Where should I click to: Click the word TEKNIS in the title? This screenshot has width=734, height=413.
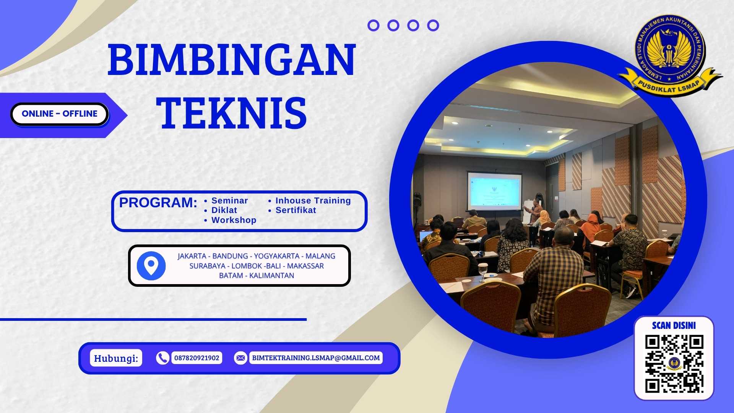[x=232, y=113]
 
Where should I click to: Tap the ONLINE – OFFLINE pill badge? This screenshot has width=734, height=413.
[x=60, y=114]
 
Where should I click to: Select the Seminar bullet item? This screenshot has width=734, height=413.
[x=229, y=201]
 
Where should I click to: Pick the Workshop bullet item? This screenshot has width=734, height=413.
[x=234, y=220]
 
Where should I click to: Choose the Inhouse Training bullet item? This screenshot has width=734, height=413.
[x=313, y=201]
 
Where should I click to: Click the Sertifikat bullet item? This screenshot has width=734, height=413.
[x=296, y=210]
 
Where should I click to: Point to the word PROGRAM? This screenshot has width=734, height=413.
[x=158, y=202]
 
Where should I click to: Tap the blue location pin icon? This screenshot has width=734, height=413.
[x=151, y=265]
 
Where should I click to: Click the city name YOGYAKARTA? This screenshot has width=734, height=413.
[x=276, y=256]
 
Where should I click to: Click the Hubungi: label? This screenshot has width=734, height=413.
[x=116, y=358]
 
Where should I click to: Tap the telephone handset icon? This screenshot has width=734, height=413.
[x=162, y=358]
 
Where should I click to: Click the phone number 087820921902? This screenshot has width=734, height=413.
[x=197, y=358]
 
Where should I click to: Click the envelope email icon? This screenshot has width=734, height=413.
[x=240, y=358]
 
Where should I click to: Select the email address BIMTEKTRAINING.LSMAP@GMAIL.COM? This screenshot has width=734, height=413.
[x=316, y=358]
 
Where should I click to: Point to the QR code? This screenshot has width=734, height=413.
[x=674, y=364]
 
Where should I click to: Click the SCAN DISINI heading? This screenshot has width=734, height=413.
[x=674, y=325]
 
